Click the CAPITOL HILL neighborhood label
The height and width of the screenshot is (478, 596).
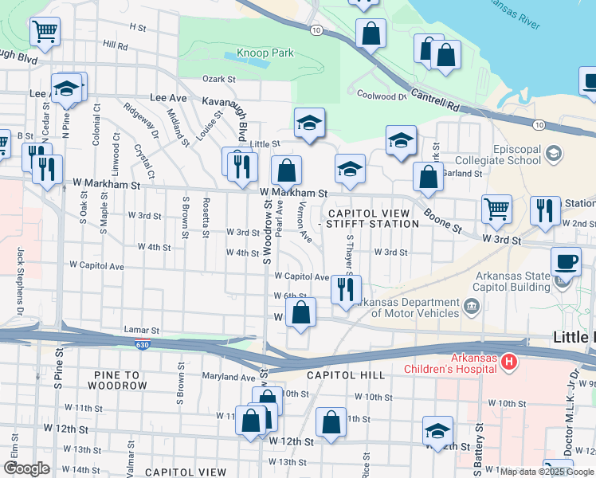click(x=345, y=374)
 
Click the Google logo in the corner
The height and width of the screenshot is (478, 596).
click(x=26, y=468)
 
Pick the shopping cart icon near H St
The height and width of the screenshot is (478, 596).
click(x=45, y=33)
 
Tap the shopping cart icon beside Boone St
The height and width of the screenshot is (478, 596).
click(x=497, y=209)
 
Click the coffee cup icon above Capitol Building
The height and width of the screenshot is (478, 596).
click(x=567, y=261)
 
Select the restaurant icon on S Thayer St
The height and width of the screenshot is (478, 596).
click(x=345, y=289)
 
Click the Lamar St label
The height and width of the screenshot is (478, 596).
click(x=142, y=329)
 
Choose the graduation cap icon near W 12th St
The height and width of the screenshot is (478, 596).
click(x=437, y=431)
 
